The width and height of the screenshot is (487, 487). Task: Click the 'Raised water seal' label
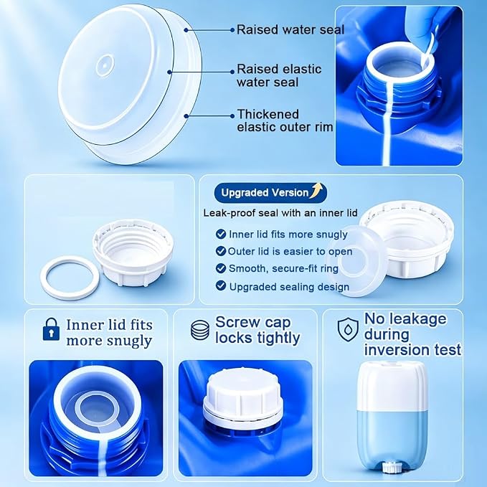pos(290,30)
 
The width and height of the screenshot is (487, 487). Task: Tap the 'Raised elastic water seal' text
pos(279,75)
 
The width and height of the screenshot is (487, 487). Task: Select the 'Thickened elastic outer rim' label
pos(285,120)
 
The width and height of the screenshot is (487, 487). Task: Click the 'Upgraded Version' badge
pos(270,192)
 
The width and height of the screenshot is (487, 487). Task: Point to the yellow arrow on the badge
pos(317,190)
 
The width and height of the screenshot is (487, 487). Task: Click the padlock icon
pos(51,329)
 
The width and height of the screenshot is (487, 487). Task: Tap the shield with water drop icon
pos(348,330)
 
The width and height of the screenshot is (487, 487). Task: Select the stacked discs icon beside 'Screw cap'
pos(200,330)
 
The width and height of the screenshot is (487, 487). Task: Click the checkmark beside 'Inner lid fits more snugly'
pos(221,234)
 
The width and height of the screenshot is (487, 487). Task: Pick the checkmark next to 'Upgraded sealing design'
pos(221,285)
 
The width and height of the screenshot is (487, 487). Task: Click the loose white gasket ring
pos(70,278)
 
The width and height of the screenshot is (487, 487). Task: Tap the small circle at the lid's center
pos(105,65)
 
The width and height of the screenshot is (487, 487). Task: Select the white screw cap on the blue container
pos(241,395)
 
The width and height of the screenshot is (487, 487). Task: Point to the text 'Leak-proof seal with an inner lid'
pos(280,213)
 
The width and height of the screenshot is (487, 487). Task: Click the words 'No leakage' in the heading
pos(405,319)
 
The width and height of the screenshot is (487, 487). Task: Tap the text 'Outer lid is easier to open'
pos(290,251)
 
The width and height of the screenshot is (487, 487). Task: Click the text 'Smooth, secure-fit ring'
pos(283,268)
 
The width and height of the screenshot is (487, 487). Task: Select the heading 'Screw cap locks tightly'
pos(257,330)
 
